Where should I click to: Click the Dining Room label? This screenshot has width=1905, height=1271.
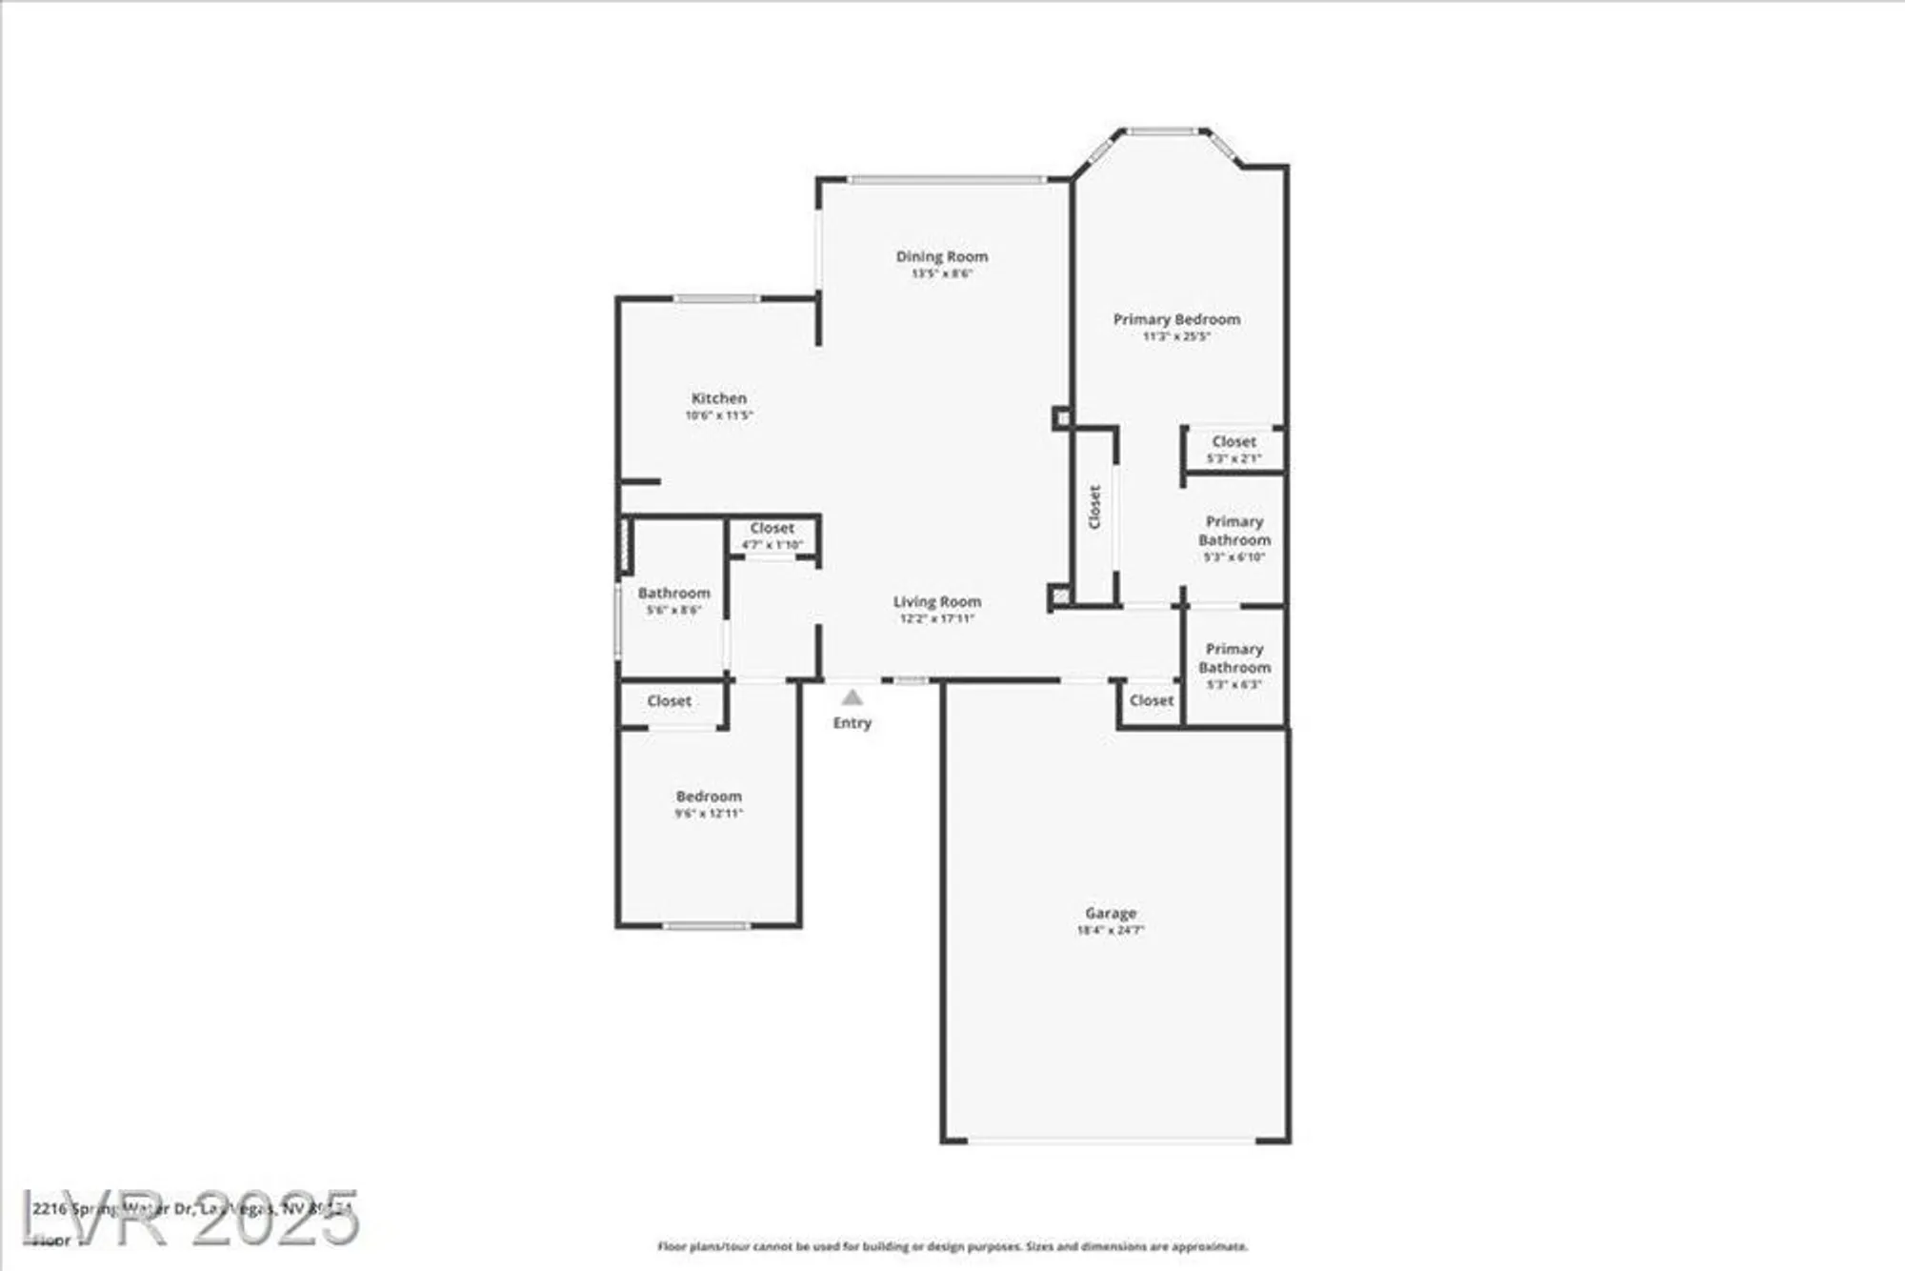point(941,256)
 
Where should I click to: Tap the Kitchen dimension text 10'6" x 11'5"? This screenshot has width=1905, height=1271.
point(719,415)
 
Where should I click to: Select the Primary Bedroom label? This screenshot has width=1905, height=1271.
point(1176,319)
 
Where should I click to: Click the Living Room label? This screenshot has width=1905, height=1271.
point(936,601)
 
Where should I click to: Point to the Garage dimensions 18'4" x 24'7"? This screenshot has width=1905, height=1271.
point(1110,930)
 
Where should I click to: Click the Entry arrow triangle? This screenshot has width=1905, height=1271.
point(852,697)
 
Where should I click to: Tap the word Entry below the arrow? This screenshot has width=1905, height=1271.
point(852,723)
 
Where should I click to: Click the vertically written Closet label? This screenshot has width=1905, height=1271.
point(1094,507)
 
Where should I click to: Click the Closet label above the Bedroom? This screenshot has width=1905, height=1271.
point(669,701)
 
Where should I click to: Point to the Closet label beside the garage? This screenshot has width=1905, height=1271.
point(1151,700)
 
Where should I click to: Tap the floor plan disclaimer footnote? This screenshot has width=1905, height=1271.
point(952,1246)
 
